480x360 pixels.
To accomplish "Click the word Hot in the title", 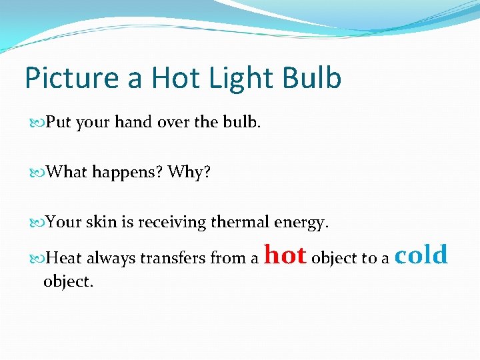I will (x=174, y=79).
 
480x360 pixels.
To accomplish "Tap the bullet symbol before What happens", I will (x=37, y=173).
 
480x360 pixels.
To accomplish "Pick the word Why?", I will (x=189, y=173).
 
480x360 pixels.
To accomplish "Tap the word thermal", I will (x=239, y=222).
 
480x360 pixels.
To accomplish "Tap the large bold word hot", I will (x=285, y=255).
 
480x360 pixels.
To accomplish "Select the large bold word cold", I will (x=421, y=255).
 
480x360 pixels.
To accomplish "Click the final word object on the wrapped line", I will (x=68, y=282).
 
